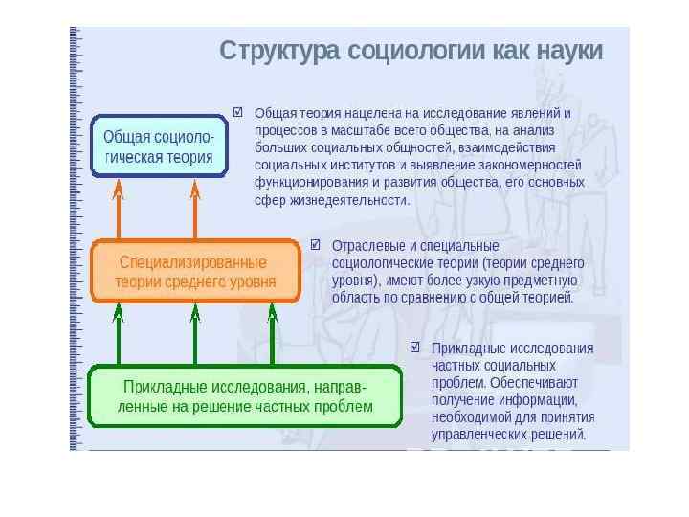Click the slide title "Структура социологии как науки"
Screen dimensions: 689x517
(x=411, y=51)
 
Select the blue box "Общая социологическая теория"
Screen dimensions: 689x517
(x=159, y=146)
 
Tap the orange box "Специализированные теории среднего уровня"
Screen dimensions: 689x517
(x=195, y=271)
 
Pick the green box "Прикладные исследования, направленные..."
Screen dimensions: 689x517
(x=245, y=395)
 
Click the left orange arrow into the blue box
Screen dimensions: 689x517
(x=119, y=211)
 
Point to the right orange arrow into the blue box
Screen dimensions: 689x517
(x=195, y=211)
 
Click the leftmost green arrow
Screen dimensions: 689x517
(x=119, y=334)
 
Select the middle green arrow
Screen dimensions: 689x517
(x=195, y=334)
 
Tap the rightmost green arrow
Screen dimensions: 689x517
(x=272, y=334)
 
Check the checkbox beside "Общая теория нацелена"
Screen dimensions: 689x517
(x=237, y=112)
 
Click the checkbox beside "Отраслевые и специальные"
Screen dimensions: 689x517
(x=316, y=245)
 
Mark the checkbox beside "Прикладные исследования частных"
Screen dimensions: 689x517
(x=415, y=348)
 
